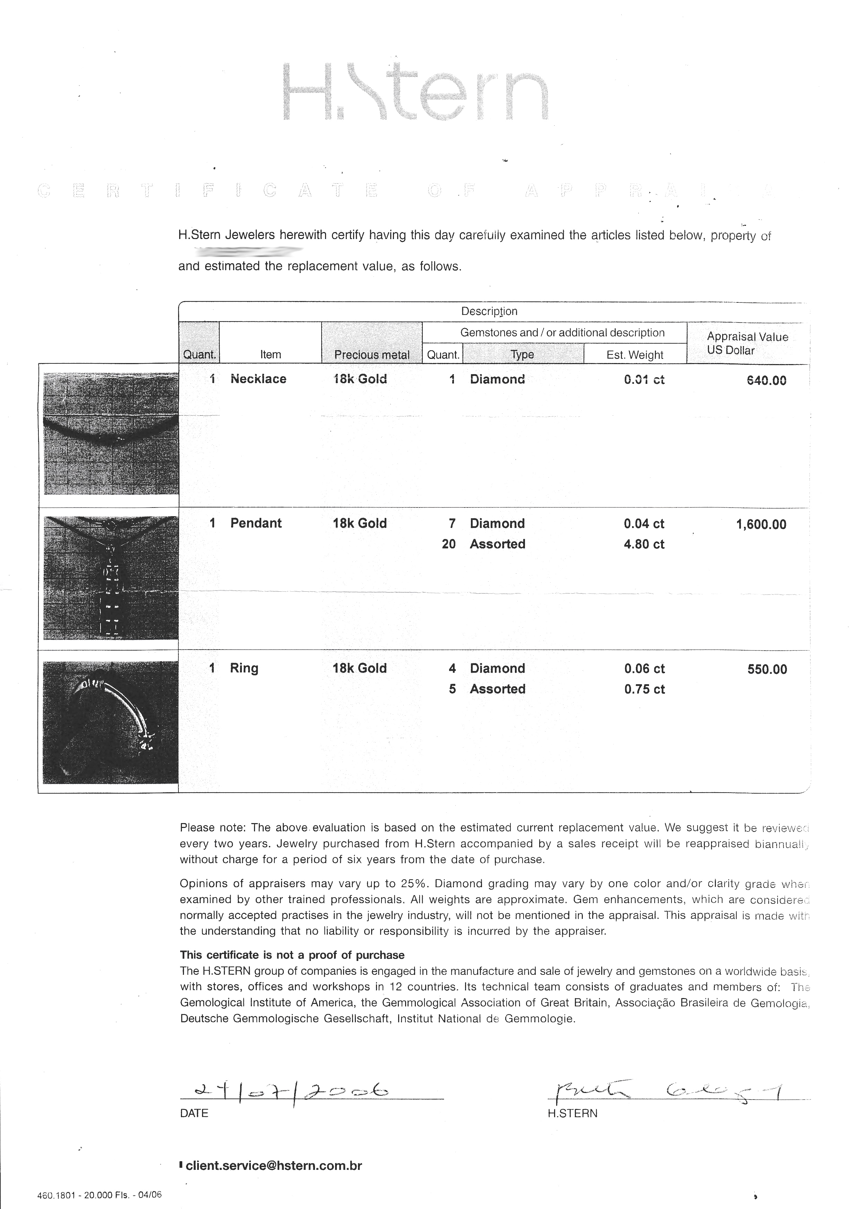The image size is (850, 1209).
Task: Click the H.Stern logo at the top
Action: pos(415,92)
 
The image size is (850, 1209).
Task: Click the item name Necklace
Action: pos(258,379)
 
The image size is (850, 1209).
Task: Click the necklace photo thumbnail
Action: pos(111,433)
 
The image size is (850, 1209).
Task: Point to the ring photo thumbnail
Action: pos(111,722)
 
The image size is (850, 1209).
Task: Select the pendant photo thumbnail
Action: pos(111,577)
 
